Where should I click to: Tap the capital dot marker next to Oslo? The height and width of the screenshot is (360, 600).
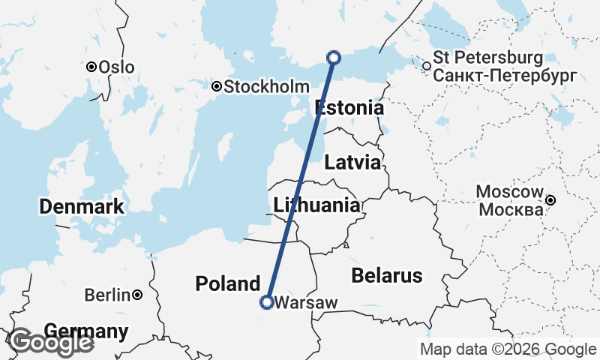click(91, 67)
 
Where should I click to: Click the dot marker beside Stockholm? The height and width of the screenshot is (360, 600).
click(217, 87)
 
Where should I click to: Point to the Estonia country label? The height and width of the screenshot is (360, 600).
click(349, 108)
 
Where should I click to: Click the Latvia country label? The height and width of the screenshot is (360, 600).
click(352, 162)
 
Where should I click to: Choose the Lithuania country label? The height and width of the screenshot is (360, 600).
click(316, 205)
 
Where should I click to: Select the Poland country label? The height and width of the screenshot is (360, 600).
click(227, 283)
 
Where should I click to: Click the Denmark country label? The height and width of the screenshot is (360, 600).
click(82, 206)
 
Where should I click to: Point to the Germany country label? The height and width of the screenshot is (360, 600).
click(86, 331)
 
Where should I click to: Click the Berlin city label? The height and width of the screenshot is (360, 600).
click(107, 295)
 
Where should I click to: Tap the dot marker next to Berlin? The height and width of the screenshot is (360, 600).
click(138, 295)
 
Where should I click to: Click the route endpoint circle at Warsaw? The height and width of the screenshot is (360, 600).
click(266, 302)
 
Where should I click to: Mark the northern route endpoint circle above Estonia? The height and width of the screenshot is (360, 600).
click(334, 58)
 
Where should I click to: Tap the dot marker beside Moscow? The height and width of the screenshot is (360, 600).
click(551, 200)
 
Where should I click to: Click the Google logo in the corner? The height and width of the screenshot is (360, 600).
click(51, 342)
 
